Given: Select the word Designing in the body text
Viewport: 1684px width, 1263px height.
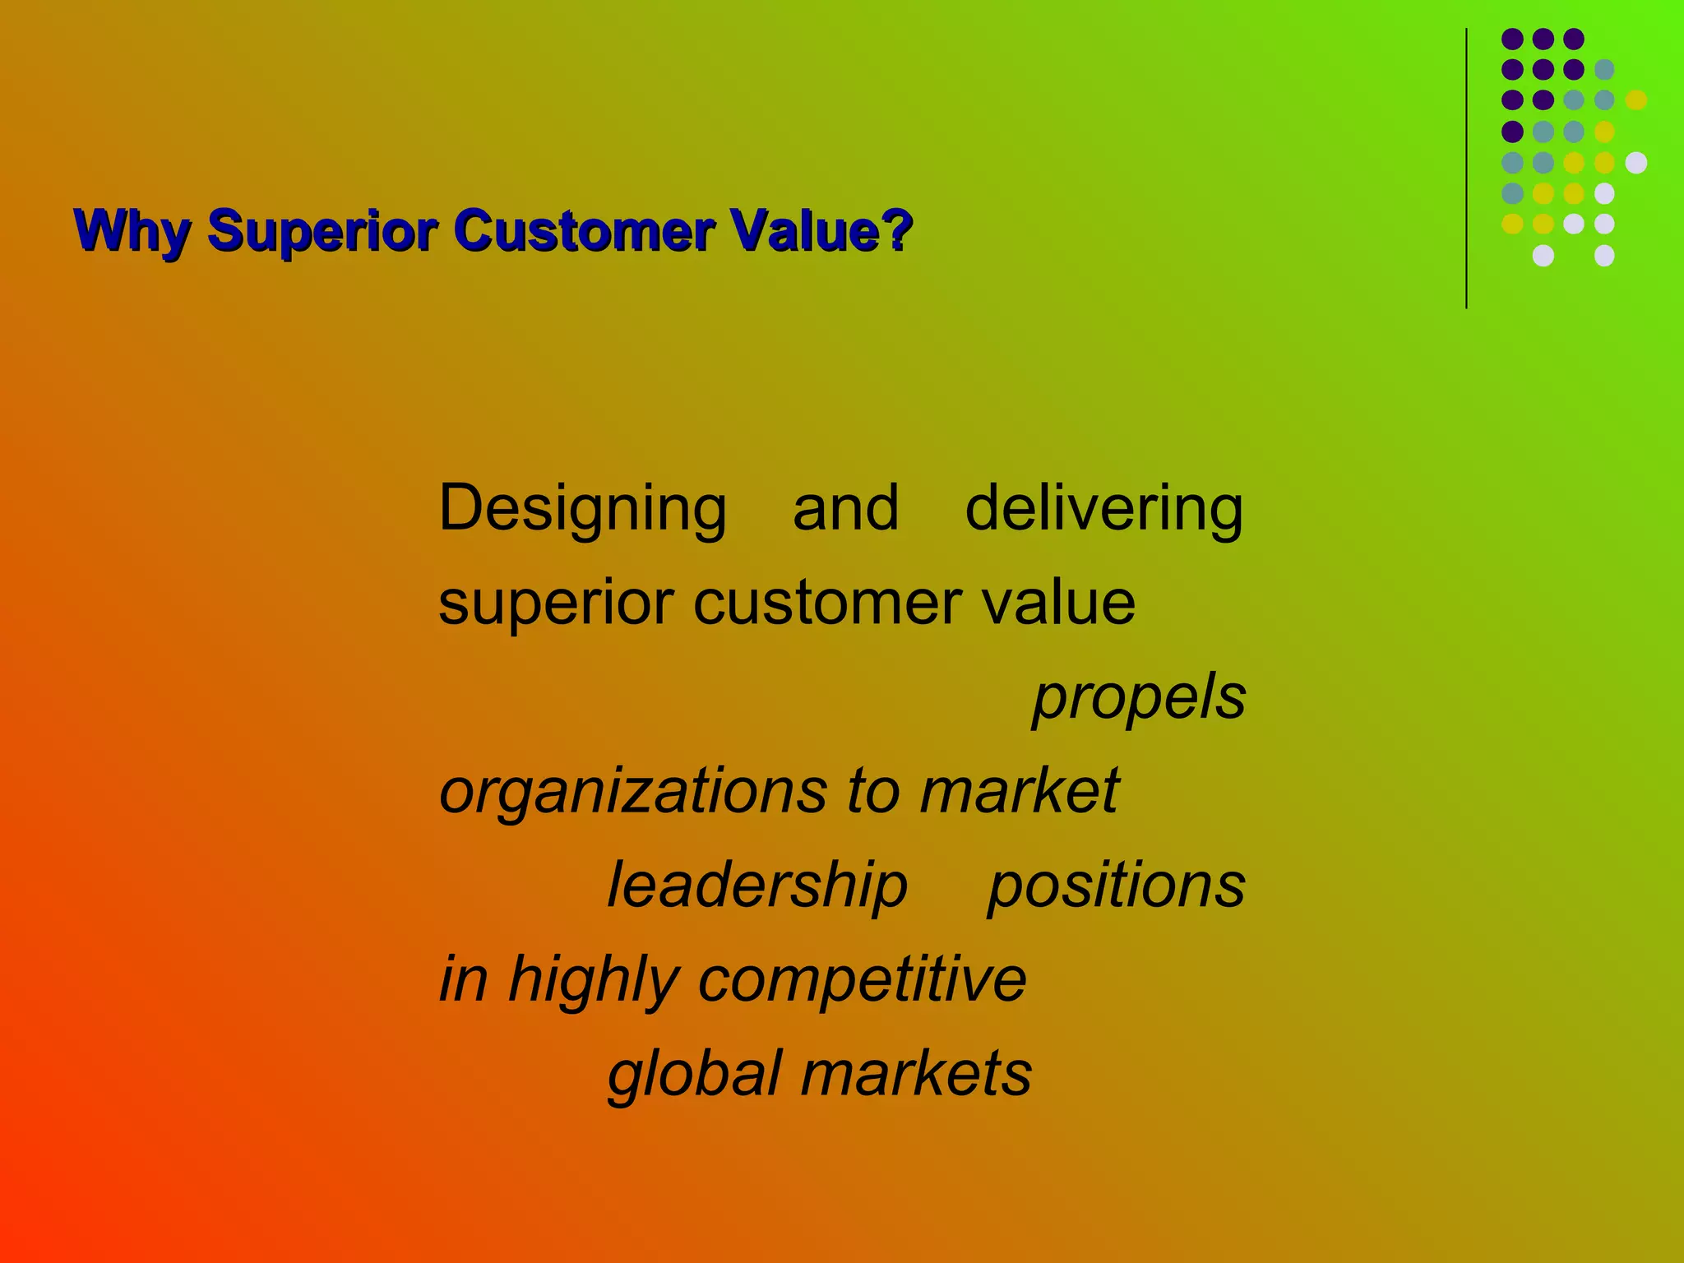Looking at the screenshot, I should [x=582, y=510].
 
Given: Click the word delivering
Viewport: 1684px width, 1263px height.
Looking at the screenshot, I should [x=1103, y=508].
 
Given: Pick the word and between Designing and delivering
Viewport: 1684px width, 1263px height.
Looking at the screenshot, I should [x=845, y=508].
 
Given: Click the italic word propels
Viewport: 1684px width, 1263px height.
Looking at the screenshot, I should [x=1139, y=697].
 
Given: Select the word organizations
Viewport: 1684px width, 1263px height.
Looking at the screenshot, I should [x=632, y=791].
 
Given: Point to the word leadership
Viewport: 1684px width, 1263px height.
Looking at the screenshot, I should [x=756, y=886].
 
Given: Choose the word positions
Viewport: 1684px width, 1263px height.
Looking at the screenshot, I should [x=1116, y=886].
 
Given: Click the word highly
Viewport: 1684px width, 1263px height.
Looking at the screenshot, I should [x=594, y=980].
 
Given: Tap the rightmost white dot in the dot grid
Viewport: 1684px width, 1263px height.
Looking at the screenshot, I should [x=1636, y=163].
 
